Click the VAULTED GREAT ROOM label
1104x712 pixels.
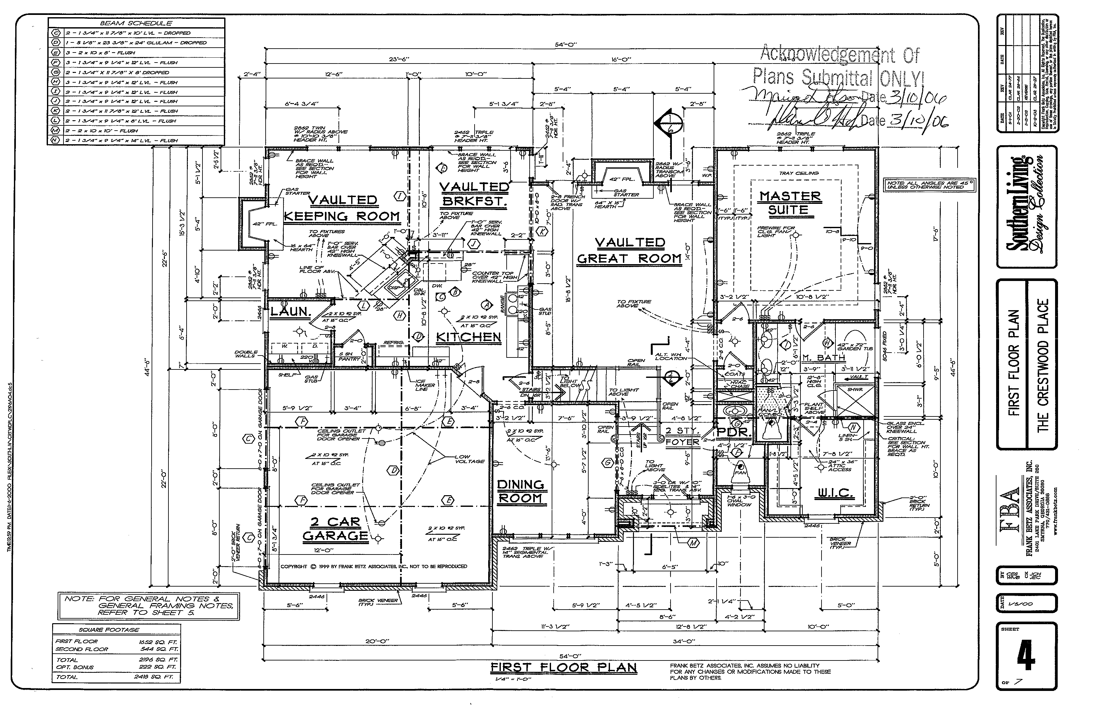click(629, 251)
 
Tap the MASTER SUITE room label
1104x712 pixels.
click(790, 203)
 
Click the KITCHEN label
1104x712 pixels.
click(469, 337)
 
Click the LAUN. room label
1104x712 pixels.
click(290, 312)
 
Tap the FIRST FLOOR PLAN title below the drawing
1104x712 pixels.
click(563, 668)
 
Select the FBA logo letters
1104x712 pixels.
click(1010, 516)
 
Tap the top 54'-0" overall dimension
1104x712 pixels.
click(566, 45)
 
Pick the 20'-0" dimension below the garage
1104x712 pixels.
click(377, 641)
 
